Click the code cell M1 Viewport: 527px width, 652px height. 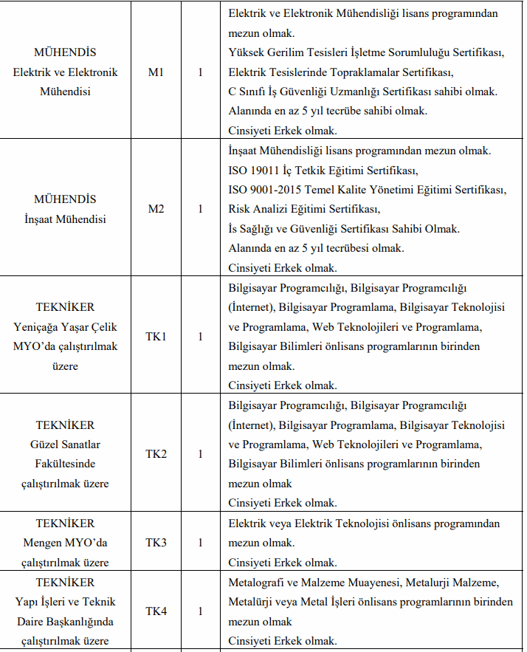tap(156, 72)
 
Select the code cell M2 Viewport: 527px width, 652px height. tap(156, 209)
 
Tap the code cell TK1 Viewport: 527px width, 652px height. tap(156, 336)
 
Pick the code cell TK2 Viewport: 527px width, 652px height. tap(156, 453)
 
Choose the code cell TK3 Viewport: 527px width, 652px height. tap(156, 543)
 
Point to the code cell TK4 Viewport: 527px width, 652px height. tap(156, 611)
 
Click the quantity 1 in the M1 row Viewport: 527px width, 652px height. tap(200, 72)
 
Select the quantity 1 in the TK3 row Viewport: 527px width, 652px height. tap(200, 543)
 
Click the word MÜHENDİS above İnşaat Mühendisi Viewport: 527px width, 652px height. tap(65, 199)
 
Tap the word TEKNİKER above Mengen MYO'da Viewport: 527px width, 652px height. tap(65, 524)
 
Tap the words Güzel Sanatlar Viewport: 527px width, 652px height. tap(65, 445)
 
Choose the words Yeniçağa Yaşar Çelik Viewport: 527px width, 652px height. tap(65, 326)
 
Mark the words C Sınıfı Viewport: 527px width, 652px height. tap(248, 92)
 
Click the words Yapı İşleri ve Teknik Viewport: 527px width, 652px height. tap(65, 602)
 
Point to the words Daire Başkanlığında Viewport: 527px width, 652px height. tap(65, 621)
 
